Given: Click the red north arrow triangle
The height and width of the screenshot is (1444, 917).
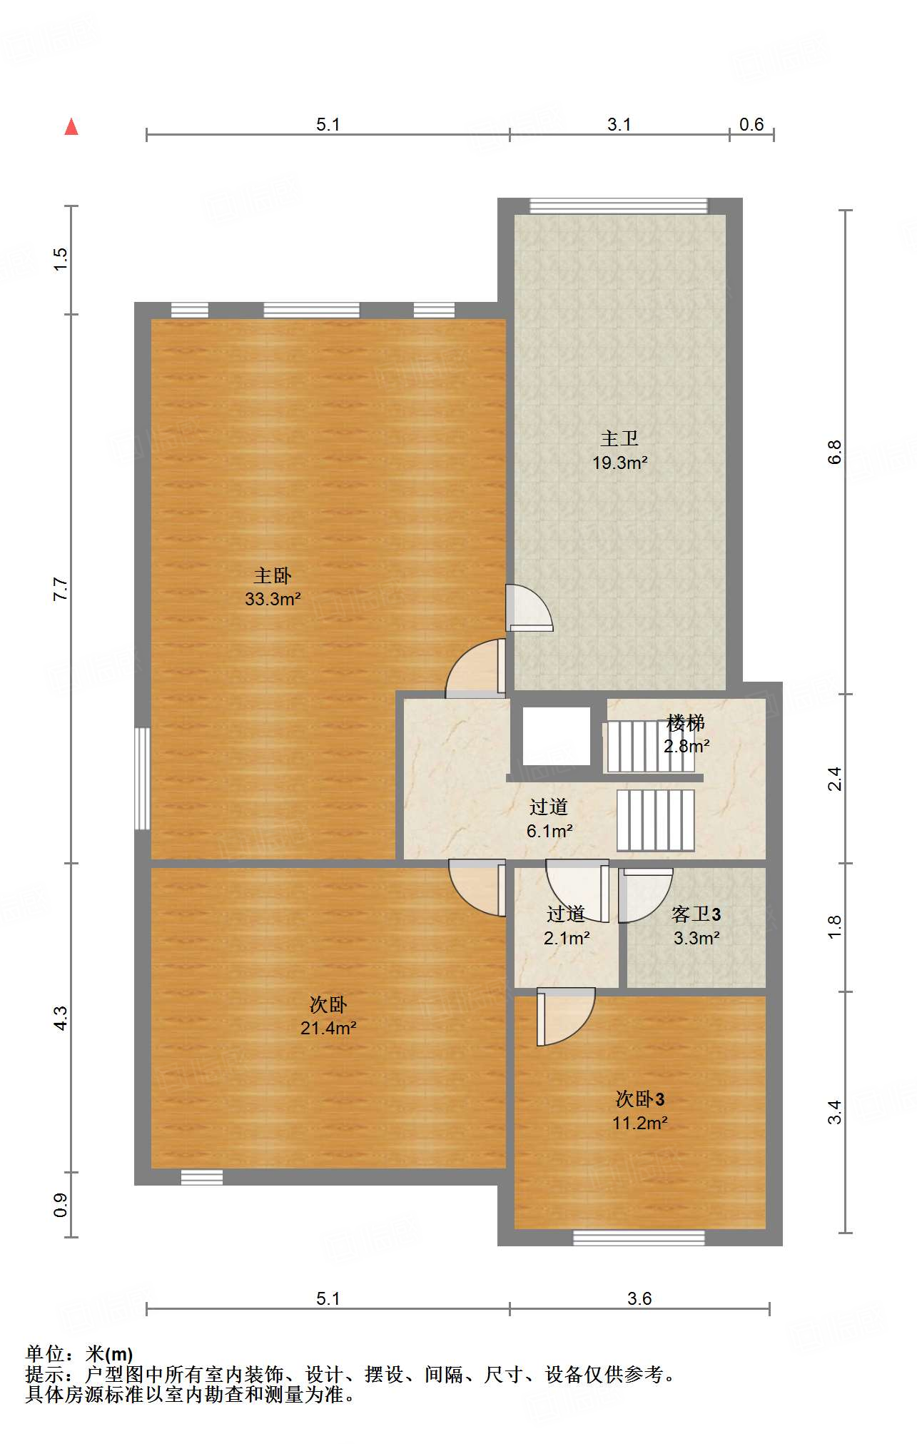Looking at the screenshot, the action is (x=71, y=126).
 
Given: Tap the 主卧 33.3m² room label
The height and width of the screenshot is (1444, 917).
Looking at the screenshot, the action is (x=273, y=587).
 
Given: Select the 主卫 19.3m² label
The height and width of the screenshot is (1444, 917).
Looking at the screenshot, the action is (x=619, y=450).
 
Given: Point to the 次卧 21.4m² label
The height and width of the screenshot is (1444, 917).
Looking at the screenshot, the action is (x=328, y=1016).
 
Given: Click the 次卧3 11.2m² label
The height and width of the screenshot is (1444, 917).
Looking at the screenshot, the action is (x=640, y=1111).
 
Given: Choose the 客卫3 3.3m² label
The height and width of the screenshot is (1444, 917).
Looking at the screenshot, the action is (x=696, y=926).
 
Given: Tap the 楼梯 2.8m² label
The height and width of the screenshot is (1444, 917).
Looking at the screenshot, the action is (x=687, y=734).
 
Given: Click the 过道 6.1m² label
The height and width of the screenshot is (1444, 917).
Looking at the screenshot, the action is (x=549, y=819).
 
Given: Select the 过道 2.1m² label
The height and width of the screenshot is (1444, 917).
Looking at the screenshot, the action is (x=567, y=926).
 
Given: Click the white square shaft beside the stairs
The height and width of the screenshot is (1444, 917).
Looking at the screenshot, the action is (x=557, y=736).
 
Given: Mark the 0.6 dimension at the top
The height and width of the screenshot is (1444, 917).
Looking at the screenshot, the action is (x=751, y=124).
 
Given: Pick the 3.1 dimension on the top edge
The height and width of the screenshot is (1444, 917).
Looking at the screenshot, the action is (x=619, y=124).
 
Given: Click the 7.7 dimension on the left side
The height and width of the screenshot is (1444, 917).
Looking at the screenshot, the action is (x=61, y=589).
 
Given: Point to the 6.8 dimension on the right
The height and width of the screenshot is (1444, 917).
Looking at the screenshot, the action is (x=835, y=452).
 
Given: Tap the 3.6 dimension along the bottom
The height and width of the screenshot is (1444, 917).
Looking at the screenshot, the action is (x=639, y=1298).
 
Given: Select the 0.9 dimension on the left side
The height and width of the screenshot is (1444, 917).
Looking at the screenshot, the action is (x=61, y=1205).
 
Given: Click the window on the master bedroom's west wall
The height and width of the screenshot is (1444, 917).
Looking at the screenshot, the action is (x=143, y=778).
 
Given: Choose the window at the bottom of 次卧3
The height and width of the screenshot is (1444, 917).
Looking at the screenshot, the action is (x=639, y=1238).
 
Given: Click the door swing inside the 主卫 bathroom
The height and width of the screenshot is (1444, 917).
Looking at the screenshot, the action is (x=529, y=608).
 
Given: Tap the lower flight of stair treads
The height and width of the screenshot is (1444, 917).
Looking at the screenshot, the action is (x=656, y=820).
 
